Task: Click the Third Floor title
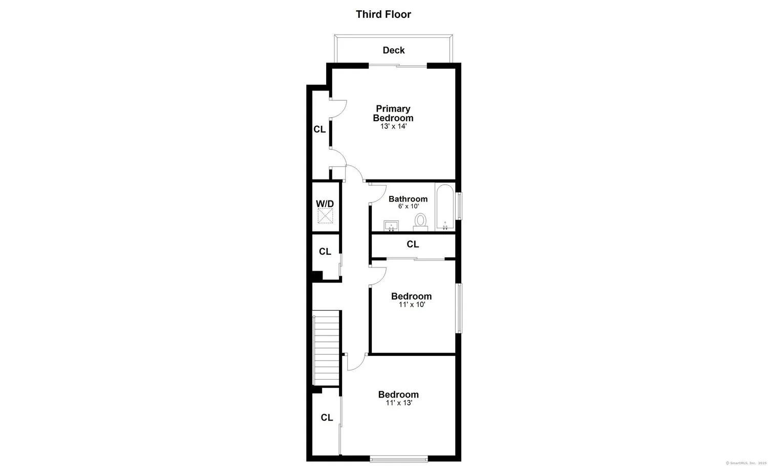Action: click(383, 14)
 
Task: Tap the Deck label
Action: click(394, 50)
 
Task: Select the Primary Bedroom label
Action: click(393, 113)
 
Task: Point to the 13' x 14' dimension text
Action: click(393, 126)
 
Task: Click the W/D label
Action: click(325, 204)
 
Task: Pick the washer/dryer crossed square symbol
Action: click(326, 216)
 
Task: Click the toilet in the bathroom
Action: click(420, 222)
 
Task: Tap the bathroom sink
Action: click(392, 226)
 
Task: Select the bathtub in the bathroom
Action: click(445, 207)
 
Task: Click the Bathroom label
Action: click(408, 199)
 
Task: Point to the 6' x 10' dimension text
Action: click(409, 207)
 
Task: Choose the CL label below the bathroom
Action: click(413, 245)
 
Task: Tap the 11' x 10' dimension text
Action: click(412, 305)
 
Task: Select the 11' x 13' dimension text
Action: click(399, 403)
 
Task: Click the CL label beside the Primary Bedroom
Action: click(319, 129)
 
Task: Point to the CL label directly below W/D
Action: click(325, 252)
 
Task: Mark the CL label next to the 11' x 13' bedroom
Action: click(327, 418)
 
